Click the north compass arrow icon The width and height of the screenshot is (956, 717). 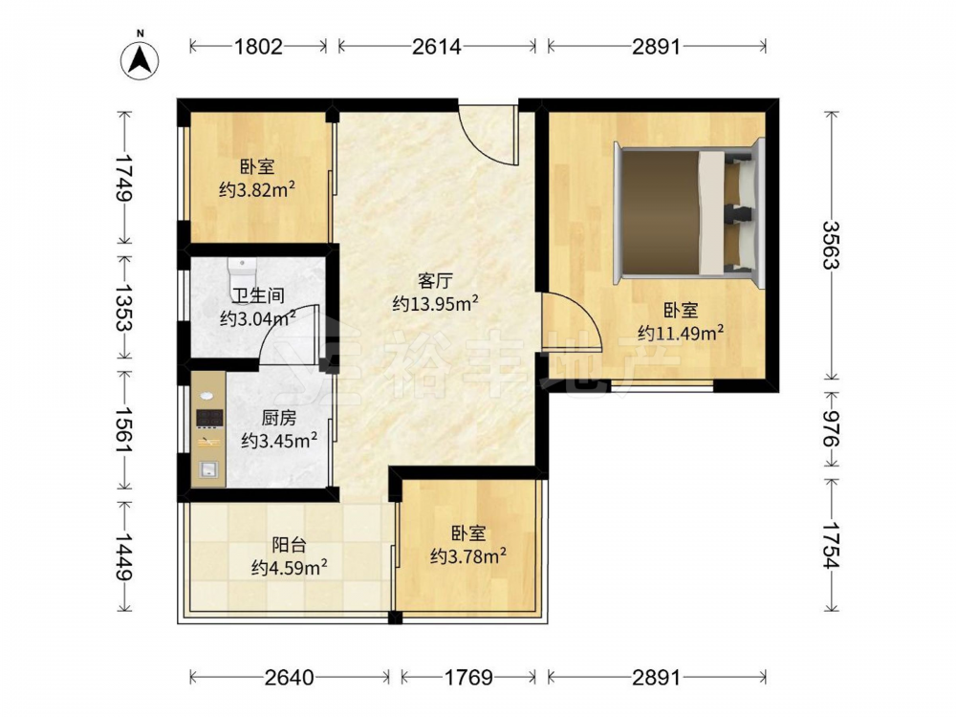pos(140,58)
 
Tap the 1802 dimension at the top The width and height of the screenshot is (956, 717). pos(259,46)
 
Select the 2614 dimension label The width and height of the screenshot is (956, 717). pos(437,46)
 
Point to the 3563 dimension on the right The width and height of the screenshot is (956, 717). pos(831,245)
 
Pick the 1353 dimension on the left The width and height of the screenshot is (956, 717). pos(126,307)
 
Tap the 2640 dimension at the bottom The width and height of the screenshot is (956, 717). pos(290,678)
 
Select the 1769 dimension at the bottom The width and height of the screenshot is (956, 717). pos(468,678)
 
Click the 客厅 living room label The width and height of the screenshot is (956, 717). pos(435,281)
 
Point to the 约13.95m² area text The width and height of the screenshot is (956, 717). pos(435,303)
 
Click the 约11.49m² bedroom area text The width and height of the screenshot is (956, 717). pos(681,333)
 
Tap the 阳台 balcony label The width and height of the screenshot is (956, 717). pos(289,545)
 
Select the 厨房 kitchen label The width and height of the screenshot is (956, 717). pos(279,418)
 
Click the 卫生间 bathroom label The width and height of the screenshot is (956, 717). pos(258,295)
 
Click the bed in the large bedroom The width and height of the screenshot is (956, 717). pos(689,211)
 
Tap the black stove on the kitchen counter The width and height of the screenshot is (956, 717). pos(209,418)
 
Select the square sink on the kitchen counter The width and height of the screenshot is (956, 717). pos(207,468)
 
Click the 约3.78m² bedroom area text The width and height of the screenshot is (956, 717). pos(468,555)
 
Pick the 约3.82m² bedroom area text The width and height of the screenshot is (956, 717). pos(257,189)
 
